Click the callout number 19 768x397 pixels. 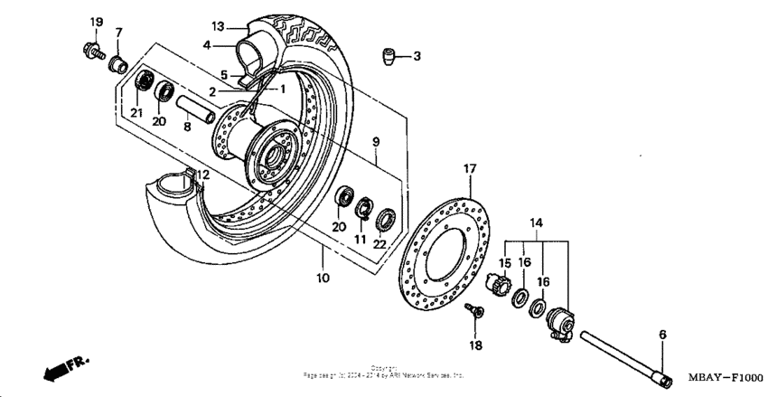click(97, 22)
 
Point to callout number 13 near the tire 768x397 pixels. click(217, 25)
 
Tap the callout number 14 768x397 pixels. click(536, 222)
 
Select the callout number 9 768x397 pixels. click(376, 142)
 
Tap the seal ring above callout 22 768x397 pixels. click(385, 217)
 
